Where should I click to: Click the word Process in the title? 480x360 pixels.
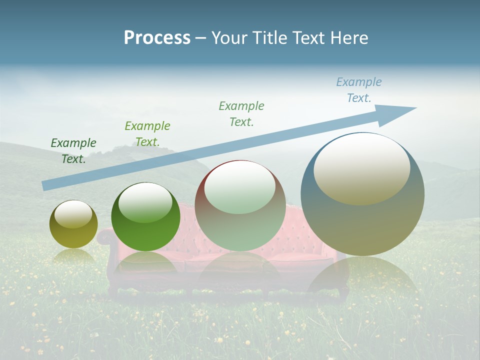157,38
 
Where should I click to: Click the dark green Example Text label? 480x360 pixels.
73,151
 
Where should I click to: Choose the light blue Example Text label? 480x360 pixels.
359,90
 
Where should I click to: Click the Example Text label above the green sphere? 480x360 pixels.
147,134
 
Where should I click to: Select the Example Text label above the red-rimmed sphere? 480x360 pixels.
241,114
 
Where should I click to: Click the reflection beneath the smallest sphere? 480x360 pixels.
73,256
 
